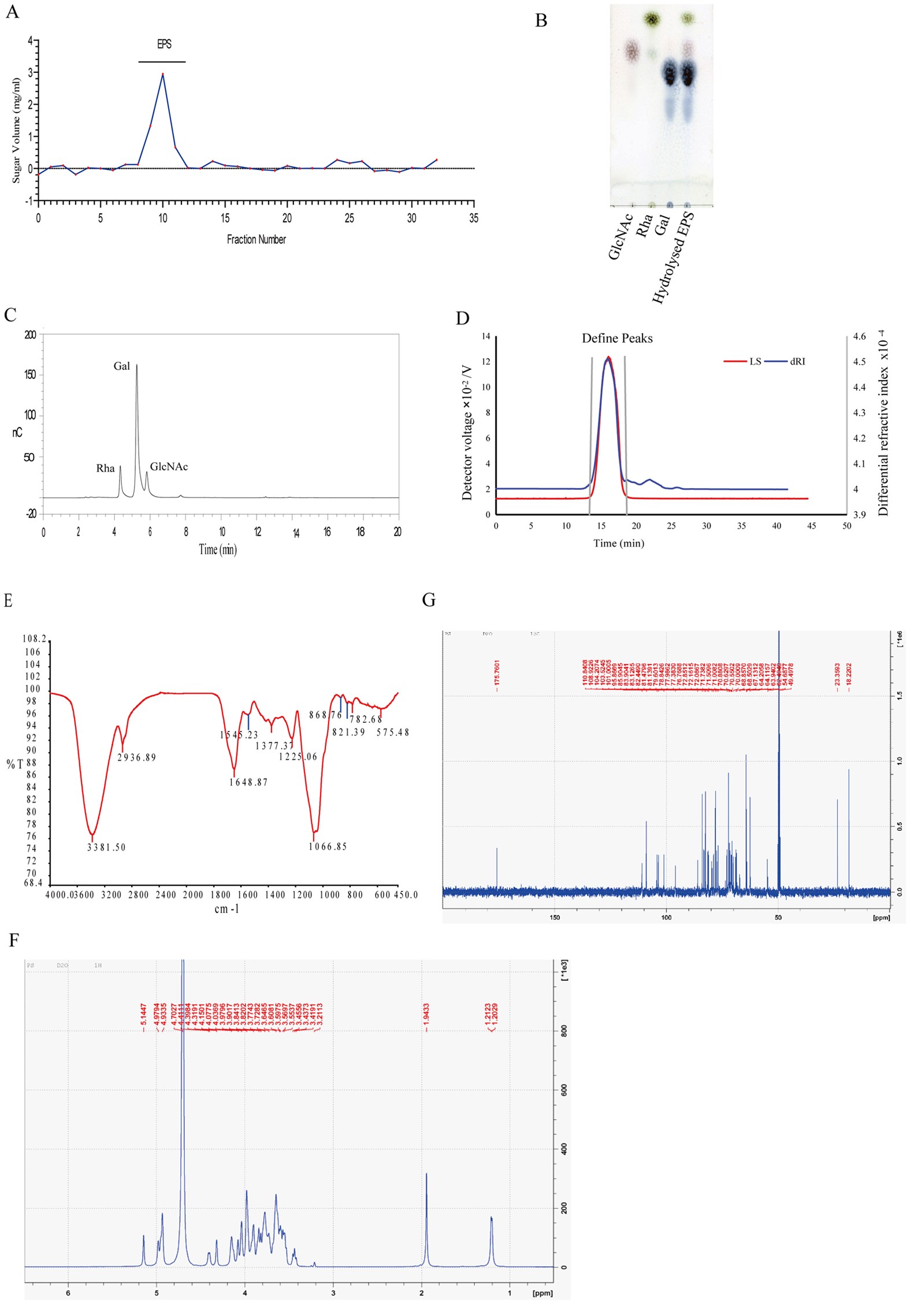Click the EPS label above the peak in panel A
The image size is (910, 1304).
[164, 44]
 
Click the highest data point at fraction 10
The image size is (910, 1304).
[163, 74]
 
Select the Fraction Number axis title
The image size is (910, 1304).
[256, 239]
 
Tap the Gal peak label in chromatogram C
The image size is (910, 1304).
[121, 366]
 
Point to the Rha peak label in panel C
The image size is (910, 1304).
[105, 469]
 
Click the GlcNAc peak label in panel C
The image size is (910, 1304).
[169, 467]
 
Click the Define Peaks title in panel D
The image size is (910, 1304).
[617, 339]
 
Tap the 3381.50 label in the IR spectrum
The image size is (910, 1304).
[106, 848]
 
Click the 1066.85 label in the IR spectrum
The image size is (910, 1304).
[328, 847]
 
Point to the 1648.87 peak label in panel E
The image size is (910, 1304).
[248, 782]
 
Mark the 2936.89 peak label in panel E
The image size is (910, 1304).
[137, 757]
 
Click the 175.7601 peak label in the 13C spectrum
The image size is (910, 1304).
[497, 675]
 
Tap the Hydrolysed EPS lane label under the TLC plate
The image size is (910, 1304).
[673, 257]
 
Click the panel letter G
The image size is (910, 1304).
[429, 600]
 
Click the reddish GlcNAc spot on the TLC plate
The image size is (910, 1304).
[632, 50]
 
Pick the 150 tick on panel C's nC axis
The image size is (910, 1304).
[30, 375]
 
